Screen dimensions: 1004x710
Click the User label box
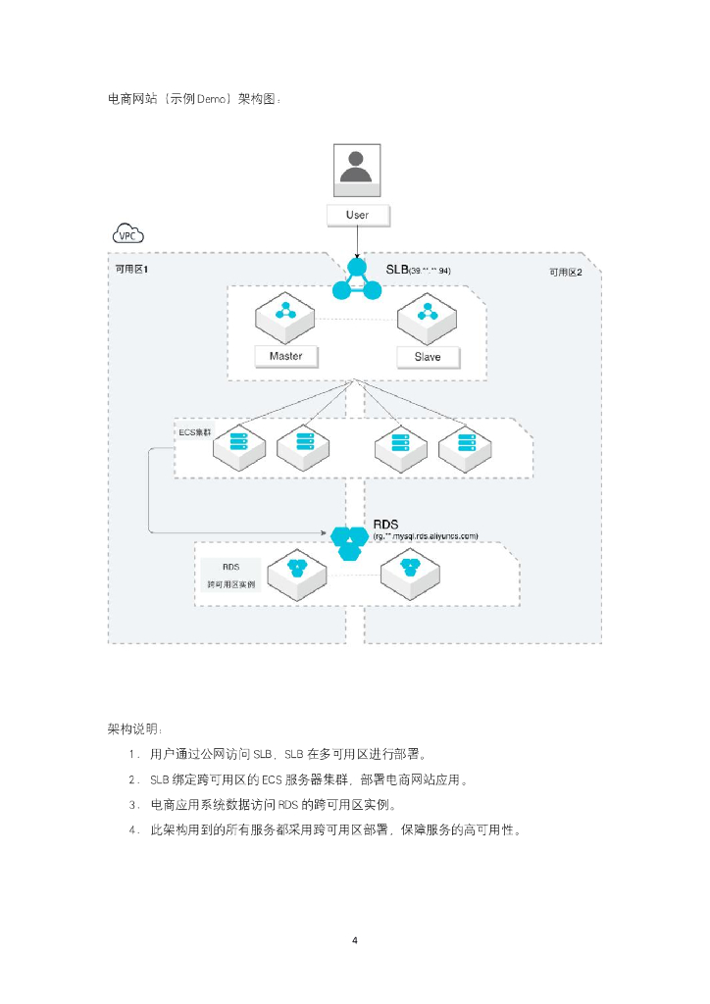pyautogui.click(x=357, y=215)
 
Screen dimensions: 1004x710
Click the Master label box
pyautogui.click(x=285, y=356)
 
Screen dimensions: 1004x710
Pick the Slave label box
pyautogui.click(x=427, y=357)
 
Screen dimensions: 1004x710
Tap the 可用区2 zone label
pyautogui.click(x=565, y=272)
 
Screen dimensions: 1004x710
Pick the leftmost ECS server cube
pyautogui.click(x=238, y=446)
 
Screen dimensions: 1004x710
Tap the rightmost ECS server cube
pyautogui.click(x=465, y=446)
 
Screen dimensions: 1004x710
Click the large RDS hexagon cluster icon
pyautogui.click(x=349, y=540)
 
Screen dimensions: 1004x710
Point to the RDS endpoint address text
pyautogui.click(x=426, y=536)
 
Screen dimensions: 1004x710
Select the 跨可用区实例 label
pyautogui.click(x=231, y=584)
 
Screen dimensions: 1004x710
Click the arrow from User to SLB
pyautogui.click(x=357, y=242)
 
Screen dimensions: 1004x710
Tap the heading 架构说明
pyautogui.click(x=136, y=728)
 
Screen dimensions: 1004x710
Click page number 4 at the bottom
pyautogui.click(x=355, y=941)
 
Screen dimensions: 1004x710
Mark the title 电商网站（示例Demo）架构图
pyautogui.click(x=194, y=99)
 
